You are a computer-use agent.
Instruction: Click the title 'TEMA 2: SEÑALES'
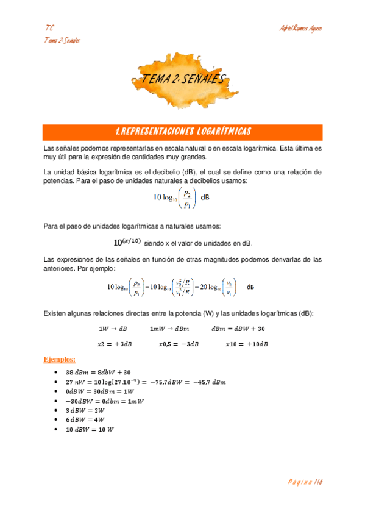coord(183,78)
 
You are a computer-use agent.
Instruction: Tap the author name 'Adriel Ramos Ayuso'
coord(299,29)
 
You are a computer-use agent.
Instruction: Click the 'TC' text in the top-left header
coord(49,29)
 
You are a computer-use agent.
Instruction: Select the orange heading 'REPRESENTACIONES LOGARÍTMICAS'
coord(183,132)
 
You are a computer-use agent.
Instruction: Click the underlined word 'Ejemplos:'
coord(60,358)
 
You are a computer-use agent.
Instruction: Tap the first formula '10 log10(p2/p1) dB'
coord(183,197)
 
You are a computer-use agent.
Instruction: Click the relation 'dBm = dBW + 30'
coord(238,329)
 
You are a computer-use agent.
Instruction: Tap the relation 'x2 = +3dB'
coord(114,344)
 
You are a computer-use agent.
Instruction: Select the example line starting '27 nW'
coord(145,382)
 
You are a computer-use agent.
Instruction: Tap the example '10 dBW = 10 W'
coord(90,429)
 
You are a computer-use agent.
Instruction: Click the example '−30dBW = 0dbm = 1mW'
coord(101,401)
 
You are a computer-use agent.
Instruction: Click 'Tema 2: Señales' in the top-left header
coord(63,40)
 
